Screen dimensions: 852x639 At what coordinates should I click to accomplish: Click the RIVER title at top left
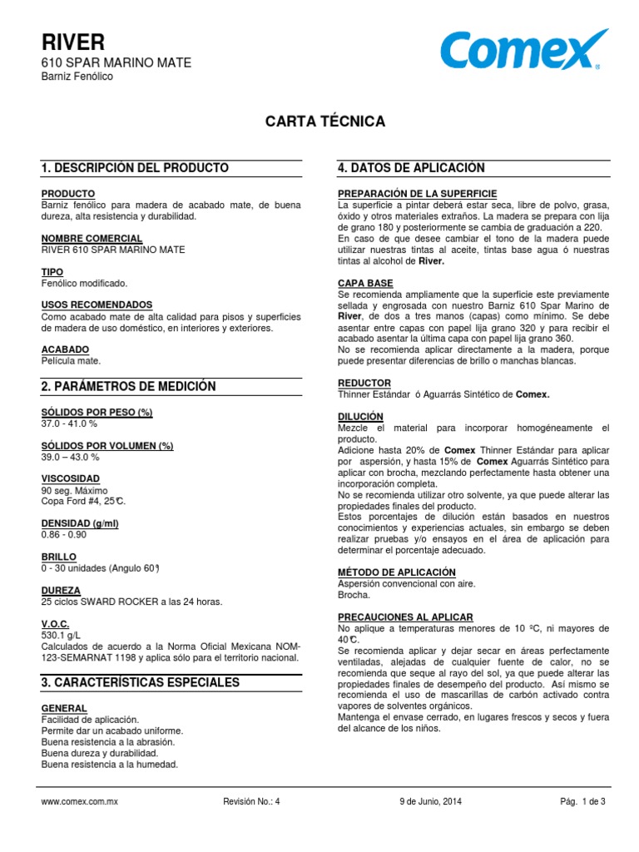[73, 42]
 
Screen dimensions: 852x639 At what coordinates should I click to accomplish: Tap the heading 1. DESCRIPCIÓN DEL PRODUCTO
[135, 168]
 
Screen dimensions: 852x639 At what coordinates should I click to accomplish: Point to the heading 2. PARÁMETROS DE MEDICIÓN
[128, 386]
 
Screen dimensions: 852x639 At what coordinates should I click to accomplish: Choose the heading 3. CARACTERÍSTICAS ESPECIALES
[141, 682]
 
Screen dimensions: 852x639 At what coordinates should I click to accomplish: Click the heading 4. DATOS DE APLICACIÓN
[411, 168]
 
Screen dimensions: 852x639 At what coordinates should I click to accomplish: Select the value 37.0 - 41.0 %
[69, 424]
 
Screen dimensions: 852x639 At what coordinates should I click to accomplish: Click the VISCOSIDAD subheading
[71, 478]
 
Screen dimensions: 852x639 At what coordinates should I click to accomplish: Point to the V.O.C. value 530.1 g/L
[59, 635]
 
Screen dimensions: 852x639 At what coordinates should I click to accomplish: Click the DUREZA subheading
[61, 590]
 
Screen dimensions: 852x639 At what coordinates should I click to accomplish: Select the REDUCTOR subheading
[364, 383]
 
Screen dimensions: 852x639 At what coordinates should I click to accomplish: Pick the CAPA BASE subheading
[365, 283]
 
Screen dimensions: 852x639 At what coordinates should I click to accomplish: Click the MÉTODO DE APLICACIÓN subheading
[397, 572]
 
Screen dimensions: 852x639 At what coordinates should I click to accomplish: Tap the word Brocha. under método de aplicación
[355, 595]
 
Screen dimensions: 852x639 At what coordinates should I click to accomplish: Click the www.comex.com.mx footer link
[80, 801]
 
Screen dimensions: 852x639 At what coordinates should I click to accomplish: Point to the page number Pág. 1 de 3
[582, 801]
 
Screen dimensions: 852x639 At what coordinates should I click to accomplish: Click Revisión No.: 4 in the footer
[252, 801]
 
